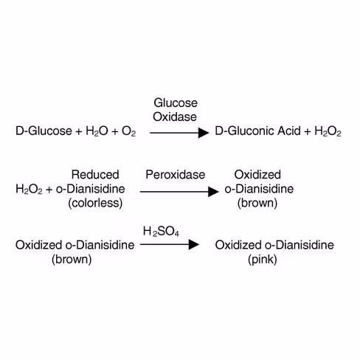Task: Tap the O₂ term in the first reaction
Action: pos(128,132)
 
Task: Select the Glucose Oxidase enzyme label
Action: pos(175,109)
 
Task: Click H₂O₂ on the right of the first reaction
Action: pos(328,132)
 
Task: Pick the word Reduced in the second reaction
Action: pos(95,175)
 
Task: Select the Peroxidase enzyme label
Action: pos(175,175)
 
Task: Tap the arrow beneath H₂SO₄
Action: pos(170,245)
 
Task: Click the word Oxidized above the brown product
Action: pos(257,175)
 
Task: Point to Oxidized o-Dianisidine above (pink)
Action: pos(264,245)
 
